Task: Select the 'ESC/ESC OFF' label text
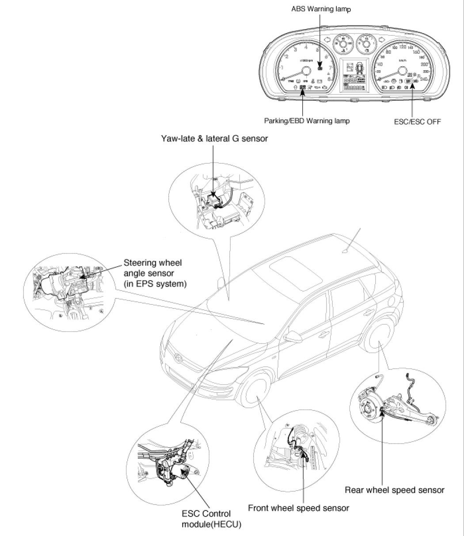[417, 120]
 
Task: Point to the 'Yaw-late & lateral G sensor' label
[214, 139]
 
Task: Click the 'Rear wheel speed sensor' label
[394, 490]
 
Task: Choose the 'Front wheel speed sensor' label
[298, 508]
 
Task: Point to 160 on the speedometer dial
[415, 52]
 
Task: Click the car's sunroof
[296, 275]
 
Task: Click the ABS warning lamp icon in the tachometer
[320, 67]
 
